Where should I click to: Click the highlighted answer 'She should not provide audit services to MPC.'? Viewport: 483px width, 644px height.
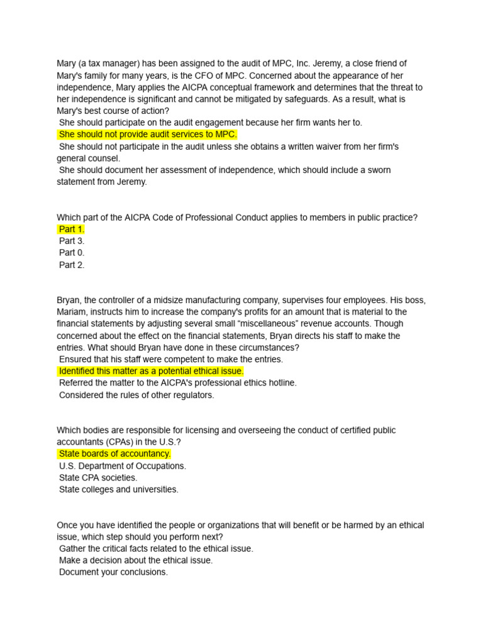coord(148,135)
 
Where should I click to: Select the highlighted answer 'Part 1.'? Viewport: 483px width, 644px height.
coord(72,230)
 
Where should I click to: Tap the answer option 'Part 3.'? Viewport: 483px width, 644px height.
coord(72,241)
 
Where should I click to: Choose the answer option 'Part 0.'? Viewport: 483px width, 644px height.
coord(72,253)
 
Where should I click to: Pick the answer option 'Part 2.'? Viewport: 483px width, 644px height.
coord(72,265)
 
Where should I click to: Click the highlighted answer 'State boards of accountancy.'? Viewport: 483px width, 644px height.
coord(114,454)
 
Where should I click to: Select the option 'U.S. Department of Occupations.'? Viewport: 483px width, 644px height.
coord(123,466)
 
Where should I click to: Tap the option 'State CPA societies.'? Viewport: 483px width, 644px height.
coord(98,478)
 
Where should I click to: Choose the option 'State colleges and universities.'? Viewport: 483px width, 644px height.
coord(119,489)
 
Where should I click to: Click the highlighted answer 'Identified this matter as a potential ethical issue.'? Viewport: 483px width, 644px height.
coord(151,372)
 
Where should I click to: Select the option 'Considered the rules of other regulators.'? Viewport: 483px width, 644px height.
coord(136,395)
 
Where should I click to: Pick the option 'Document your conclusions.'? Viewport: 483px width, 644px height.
coord(113,572)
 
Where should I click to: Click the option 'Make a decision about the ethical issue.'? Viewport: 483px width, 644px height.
coord(136,560)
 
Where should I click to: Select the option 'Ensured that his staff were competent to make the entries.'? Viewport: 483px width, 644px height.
coord(171,360)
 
